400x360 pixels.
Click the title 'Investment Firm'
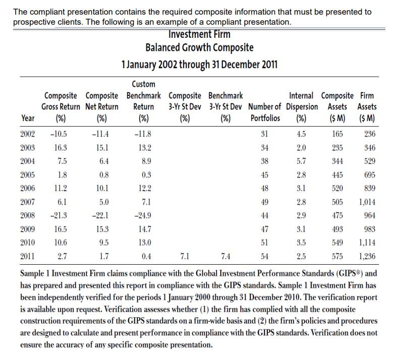(199, 35)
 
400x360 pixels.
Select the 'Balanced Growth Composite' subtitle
(199, 48)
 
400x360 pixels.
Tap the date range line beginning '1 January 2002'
(199, 65)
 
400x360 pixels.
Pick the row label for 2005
(28, 174)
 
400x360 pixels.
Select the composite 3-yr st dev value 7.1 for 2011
(185, 256)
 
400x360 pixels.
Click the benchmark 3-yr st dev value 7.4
(225, 256)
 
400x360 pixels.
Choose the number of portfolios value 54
(264, 256)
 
